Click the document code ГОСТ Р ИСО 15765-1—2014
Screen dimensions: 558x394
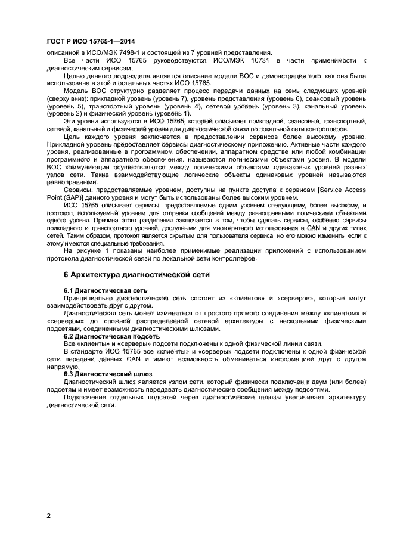click(90, 41)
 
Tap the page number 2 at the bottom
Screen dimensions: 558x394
click(48, 516)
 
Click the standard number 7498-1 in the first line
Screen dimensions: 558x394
click(139, 52)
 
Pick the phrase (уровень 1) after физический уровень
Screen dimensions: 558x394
click(173, 114)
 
